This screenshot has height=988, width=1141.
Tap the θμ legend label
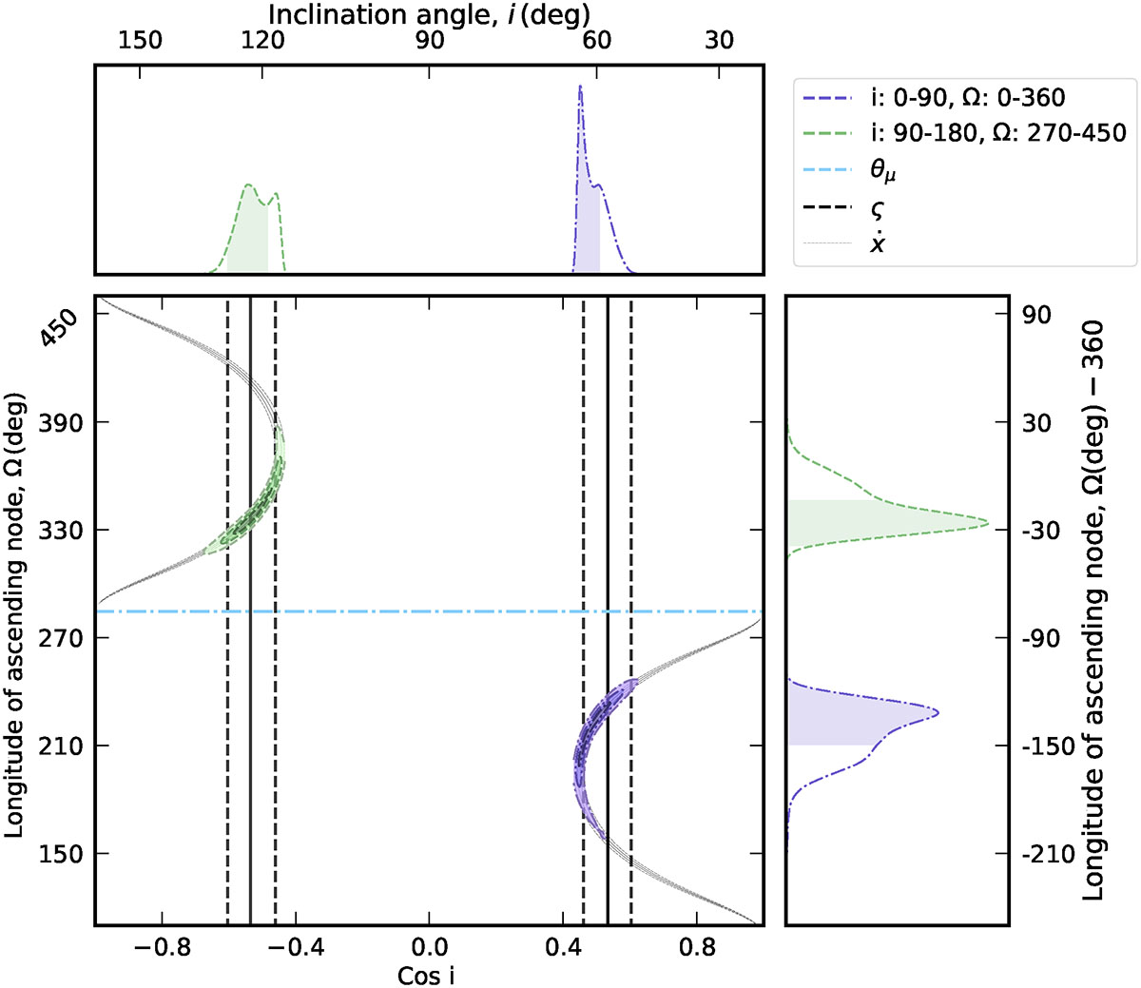tap(883, 171)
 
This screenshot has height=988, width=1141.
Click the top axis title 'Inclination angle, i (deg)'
tap(428, 15)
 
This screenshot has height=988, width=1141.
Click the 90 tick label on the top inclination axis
tap(429, 41)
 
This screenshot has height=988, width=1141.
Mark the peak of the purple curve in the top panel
tap(580, 87)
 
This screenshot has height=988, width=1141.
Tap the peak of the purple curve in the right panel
tap(938, 712)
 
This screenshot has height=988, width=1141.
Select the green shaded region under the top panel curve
tap(249, 238)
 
